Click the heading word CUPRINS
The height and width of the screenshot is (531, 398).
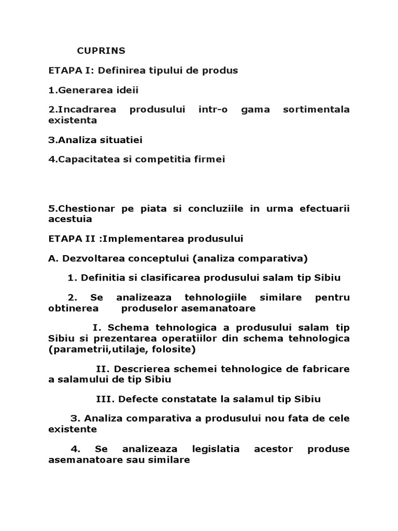[102, 51]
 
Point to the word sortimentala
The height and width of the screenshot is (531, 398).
[317, 110]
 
